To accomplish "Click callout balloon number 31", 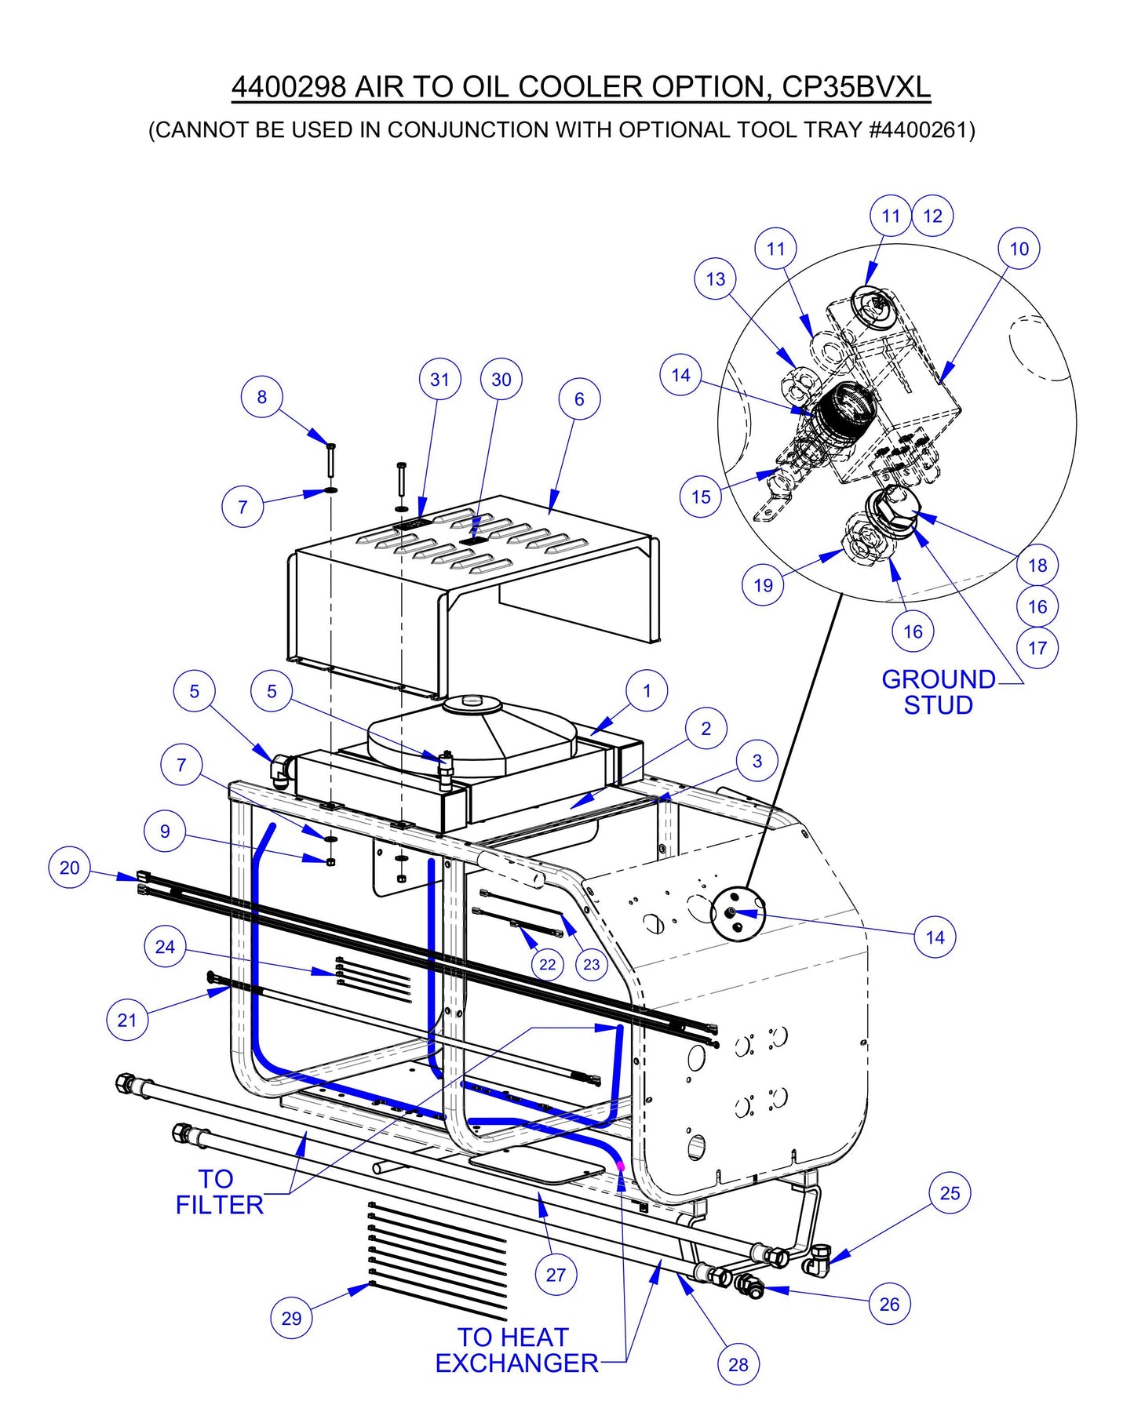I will coord(439,380).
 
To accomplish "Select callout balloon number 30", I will coord(501,380).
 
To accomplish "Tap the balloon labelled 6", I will coord(579,399).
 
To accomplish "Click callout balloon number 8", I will coord(261,397).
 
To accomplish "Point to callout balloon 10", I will coord(1019,249).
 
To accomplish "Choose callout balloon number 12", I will coord(932,216).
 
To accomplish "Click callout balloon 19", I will coord(763,585).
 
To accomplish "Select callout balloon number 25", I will coord(950,1193).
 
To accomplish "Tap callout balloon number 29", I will coord(291,1319).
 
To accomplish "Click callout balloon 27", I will coord(556,1275).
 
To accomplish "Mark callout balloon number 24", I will coord(165,947).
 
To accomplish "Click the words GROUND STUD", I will coord(938,692).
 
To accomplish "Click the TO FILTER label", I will coord(218,1192).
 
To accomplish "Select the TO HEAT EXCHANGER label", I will coord(516,1350).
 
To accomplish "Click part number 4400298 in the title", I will coord(288,86).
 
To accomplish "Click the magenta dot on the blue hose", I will coord(621,1166).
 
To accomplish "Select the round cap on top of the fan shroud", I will coord(472,702).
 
